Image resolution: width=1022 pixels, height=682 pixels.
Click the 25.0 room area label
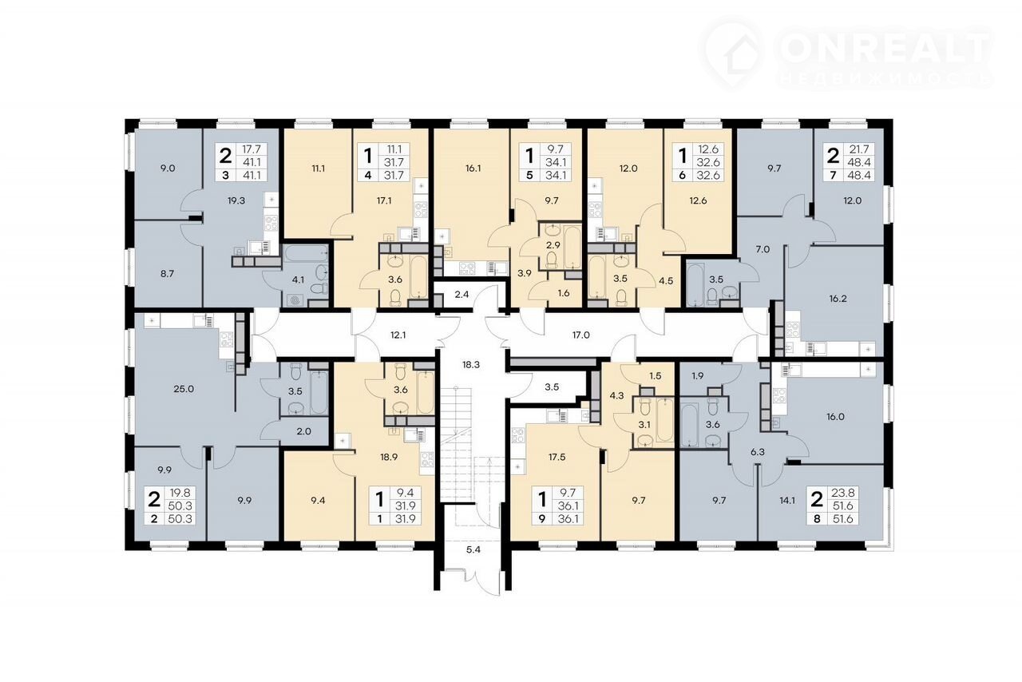point(184,390)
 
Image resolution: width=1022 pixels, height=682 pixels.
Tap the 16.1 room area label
point(473,169)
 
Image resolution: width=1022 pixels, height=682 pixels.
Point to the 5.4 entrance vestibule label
point(473,550)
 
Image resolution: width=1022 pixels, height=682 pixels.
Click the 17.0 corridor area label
point(580,335)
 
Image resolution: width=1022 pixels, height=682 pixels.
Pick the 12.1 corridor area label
point(398,335)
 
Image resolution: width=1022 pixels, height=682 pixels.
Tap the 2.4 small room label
point(461,295)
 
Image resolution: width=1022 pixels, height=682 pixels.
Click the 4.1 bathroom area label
point(298,280)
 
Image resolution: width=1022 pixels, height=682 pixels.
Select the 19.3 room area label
point(236,200)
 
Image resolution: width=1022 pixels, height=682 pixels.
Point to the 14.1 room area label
point(787,500)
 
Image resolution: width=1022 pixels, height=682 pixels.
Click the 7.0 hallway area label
point(763,250)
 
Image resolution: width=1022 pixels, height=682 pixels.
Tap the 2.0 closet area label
point(304,431)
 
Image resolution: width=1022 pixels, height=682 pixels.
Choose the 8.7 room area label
point(168,274)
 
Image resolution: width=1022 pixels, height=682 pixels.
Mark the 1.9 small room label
point(698,376)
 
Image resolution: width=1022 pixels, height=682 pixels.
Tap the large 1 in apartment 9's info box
point(542,499)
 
